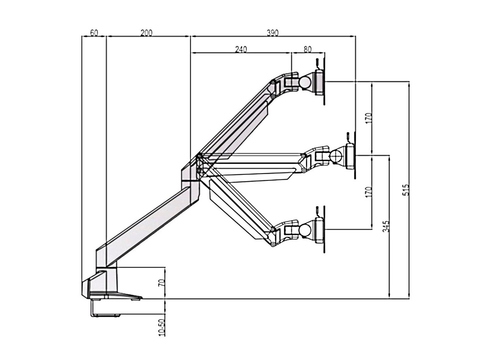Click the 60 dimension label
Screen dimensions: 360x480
pos(94,33)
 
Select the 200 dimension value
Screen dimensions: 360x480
pos(146,33)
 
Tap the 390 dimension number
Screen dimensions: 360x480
pos(273,33)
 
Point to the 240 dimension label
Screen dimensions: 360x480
pos(241,49)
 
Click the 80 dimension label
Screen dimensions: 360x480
pos(308,49)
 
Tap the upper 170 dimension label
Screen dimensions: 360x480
pos(369,118)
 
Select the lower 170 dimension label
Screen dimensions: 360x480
pos(369,192)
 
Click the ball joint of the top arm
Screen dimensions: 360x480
pos(306,82)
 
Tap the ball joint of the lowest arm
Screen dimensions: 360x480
pos(306,230)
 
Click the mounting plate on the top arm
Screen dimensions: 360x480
pos(320,82)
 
